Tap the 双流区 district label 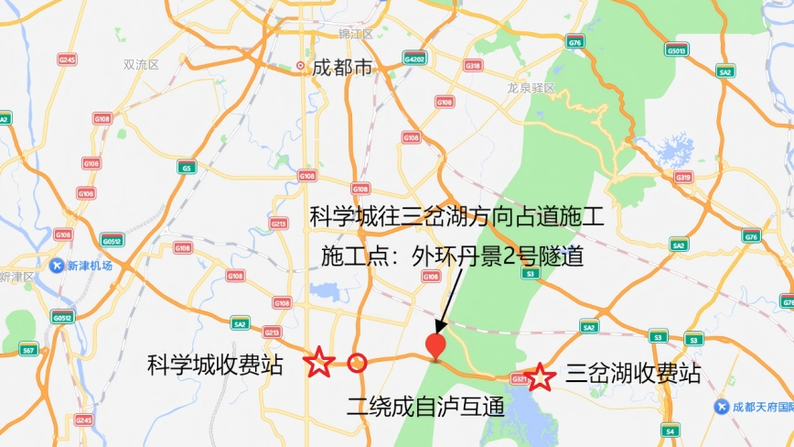click(x=141, y=65)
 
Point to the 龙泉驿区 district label click(x=531, y=88)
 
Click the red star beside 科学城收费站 click(x=318, y=363)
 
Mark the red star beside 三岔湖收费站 click(x=540, y=376)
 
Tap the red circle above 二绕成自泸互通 click(x=358, y=364)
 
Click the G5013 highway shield click(x=677, y=50)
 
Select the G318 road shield click(x=473, y=66)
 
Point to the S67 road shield click(x=28, y=350)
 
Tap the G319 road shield click(x=682, y=178)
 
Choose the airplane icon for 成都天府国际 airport click(x=723, y=406)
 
